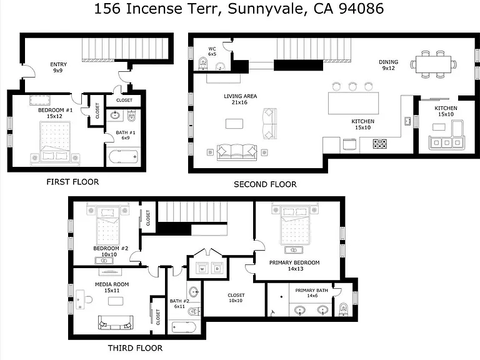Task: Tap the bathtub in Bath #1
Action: [123, 157]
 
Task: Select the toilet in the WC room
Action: [203, 63]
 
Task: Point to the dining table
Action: [433, 64]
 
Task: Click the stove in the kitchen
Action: [379, 144]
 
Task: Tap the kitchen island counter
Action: [353, 103]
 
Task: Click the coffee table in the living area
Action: [234, 124]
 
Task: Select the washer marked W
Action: [202, 268]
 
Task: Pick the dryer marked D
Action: [217, 268]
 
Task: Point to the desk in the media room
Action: [80, 299]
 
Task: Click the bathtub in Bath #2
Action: [184, 327]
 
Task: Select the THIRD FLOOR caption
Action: [135, 348]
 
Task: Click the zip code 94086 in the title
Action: [361, 9]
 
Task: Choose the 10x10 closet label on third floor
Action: [236, 298]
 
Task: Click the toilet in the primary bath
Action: [344, 309]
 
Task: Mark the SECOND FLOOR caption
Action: [265, 184]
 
